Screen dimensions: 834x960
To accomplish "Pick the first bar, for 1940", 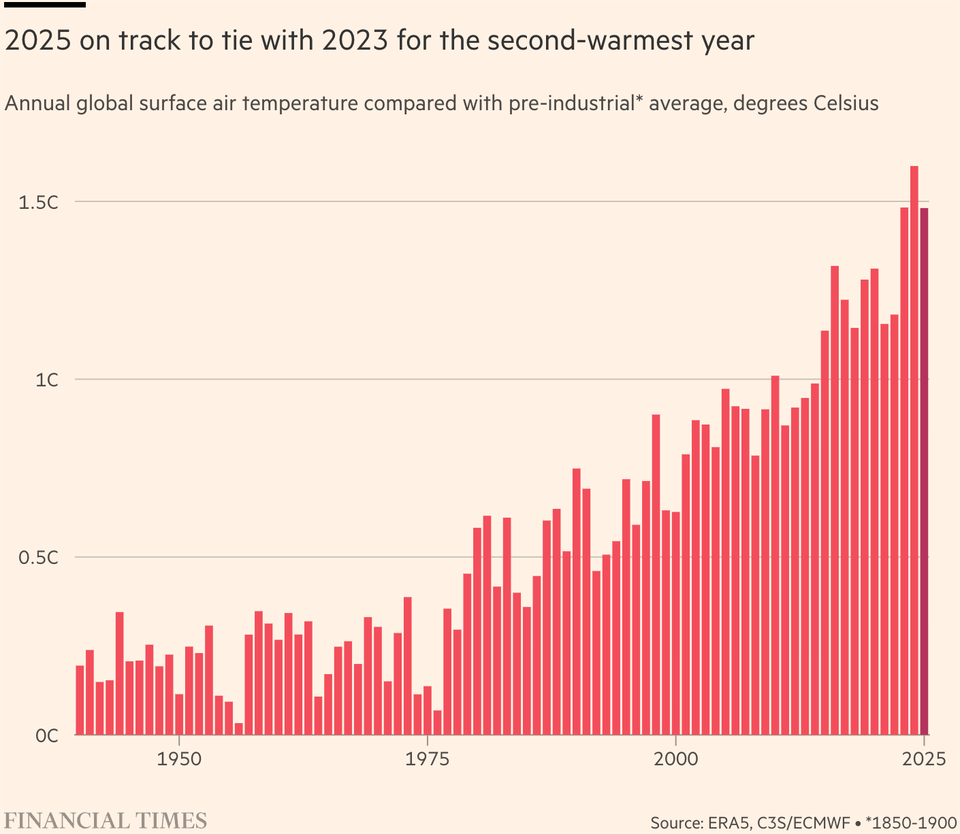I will click(x=80, y=700).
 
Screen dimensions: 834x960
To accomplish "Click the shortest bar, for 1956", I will click(x=238, y=729).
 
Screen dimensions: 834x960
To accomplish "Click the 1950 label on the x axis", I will click(x=179, y=758).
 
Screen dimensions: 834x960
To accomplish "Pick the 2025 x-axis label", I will click(x=923, y=758).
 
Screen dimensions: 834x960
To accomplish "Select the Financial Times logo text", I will click(x=106, y=820).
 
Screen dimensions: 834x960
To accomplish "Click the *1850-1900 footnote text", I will click(x=914, y=823).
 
